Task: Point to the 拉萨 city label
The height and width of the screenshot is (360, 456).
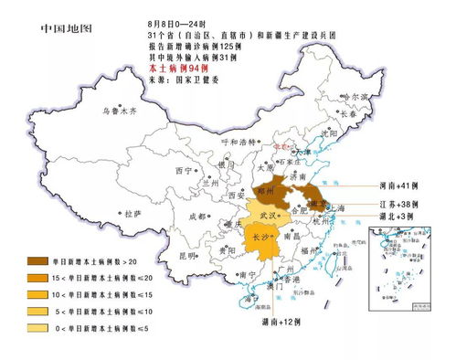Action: coord(133,212)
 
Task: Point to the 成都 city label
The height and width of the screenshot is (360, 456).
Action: coord(197,217)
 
